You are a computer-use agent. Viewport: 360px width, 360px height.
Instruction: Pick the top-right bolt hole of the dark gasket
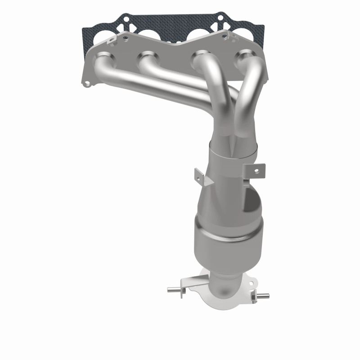(220, 19)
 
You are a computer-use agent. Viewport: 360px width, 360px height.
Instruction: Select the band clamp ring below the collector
(234, 155)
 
